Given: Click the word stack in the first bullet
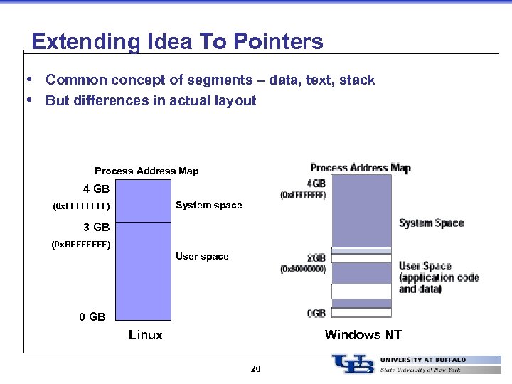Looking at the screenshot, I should [357, 80].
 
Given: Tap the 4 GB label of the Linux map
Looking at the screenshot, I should [96, 189].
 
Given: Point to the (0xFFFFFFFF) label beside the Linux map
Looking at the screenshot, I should [81, 208].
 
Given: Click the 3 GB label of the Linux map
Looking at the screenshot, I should [96, 228].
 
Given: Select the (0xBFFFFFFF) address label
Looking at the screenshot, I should [81, 245].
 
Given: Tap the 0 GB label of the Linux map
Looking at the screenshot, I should [92, 316].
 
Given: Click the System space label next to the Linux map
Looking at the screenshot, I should [208, 206].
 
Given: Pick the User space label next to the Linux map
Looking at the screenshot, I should [202, 256].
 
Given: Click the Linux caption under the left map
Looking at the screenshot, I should [145, 335].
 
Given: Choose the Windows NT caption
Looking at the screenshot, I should [363, 335].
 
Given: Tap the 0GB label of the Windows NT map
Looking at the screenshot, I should [316, 313].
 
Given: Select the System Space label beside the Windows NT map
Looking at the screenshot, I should [431, 223].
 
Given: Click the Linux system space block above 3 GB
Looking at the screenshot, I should [143, 200].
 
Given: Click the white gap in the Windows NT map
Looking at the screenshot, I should [361, 291].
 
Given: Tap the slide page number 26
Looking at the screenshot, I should [255, 369].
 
